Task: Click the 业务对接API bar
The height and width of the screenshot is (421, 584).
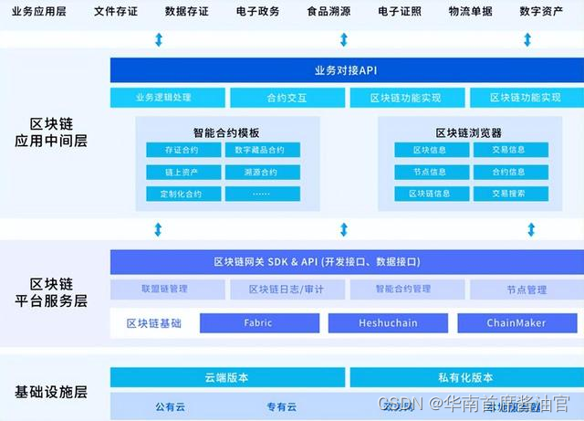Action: (344, 69)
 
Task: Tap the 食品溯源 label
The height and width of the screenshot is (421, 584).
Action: (328, 12)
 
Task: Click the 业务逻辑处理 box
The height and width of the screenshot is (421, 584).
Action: (166, 98)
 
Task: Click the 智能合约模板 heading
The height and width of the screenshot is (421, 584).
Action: (226, 132)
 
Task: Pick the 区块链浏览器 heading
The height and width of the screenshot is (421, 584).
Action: (468, 132)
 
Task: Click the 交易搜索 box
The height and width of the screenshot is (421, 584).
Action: (508, 194)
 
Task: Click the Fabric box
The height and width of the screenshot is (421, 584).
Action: (258, 323)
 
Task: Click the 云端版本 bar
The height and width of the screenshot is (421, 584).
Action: (226, 376)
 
